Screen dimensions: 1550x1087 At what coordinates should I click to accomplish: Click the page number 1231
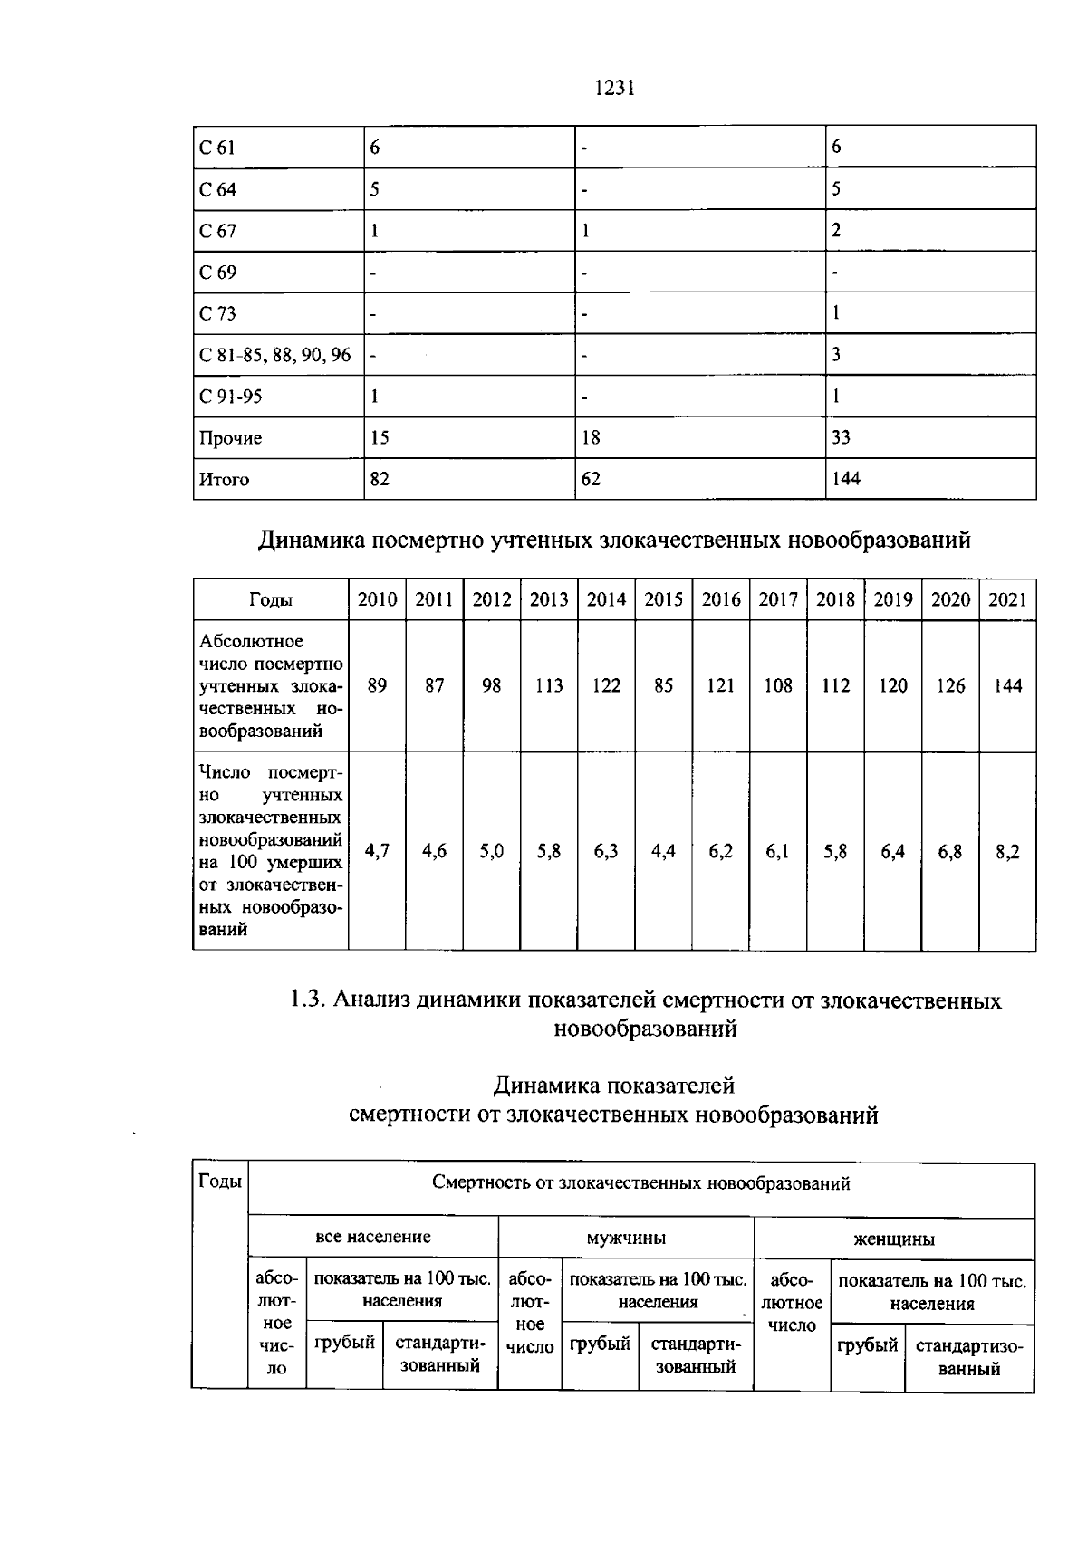coord(615,88)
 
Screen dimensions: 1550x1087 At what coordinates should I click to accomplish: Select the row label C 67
coord(217,231)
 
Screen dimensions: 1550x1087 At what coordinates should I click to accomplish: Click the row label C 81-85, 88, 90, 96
coord(274,355)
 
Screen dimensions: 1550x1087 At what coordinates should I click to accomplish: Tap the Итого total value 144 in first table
coord(846,479)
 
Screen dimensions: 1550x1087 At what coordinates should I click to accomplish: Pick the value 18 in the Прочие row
coord(591,438)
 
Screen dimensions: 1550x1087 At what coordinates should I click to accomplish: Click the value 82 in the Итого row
coord(380,479)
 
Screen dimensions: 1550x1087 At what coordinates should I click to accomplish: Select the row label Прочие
coord(231,438)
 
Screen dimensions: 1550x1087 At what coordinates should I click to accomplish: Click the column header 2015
coord(663,599)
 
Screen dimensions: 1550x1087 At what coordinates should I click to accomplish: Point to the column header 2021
coord(1007,599)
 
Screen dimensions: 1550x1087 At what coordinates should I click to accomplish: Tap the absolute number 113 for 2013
coord(549,686)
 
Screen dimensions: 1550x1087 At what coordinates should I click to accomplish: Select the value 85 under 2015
coord(663,686)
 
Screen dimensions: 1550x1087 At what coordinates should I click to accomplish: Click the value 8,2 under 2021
coord(1007,852)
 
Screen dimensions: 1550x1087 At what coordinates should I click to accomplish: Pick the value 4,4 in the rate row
coord(663,852)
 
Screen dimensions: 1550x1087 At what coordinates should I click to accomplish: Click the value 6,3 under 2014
coord(606,852)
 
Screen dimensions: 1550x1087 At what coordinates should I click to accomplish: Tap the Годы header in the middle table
coord(270,599)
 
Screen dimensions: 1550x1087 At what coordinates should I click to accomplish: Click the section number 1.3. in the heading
coord(307,1000)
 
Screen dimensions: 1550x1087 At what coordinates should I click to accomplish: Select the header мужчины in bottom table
coord(626,1239)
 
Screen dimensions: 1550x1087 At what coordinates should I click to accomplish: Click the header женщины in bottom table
coord(894,1239)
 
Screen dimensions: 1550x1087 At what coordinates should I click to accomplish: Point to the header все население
coord(372,1237)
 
